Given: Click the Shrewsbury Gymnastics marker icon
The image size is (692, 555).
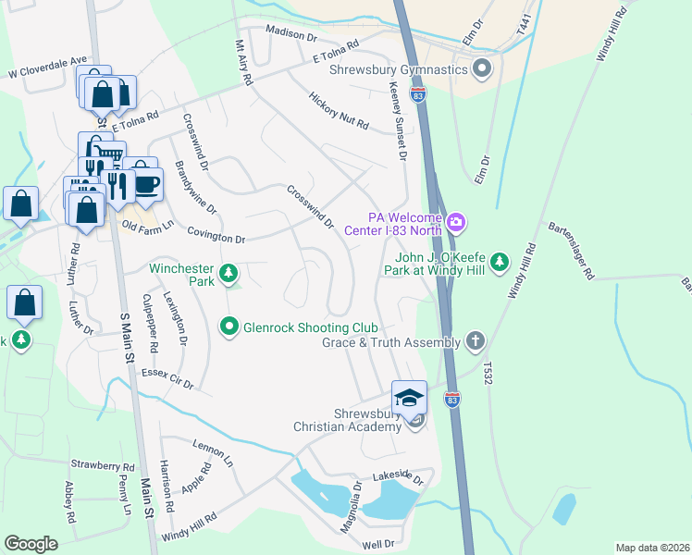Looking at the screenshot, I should pyautogui.click(x=481, y=69).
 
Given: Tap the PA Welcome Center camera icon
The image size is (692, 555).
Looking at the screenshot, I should pyautogui.click(x=455, y=223).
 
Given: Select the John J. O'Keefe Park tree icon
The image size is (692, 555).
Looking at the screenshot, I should pyautogui.click(x=500, y=263).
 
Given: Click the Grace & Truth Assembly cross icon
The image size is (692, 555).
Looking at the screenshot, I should pyautogui.click(x=475, y=341).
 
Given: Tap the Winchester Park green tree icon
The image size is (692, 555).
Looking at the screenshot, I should pyautogui.click(x=229, y=273).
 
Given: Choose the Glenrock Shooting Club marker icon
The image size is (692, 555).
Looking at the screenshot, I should pyautogui.click(x=229, y=327).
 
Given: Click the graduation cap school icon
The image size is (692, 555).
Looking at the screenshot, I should pyautogui.click(x=409, y=397).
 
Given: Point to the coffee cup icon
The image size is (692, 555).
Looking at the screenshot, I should pyautogui.click(x=146, y=183).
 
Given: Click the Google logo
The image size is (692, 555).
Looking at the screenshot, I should pyautogui.click(x=31, y=543).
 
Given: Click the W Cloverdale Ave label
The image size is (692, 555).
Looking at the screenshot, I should pyautogui.click(x=47, y=65).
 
